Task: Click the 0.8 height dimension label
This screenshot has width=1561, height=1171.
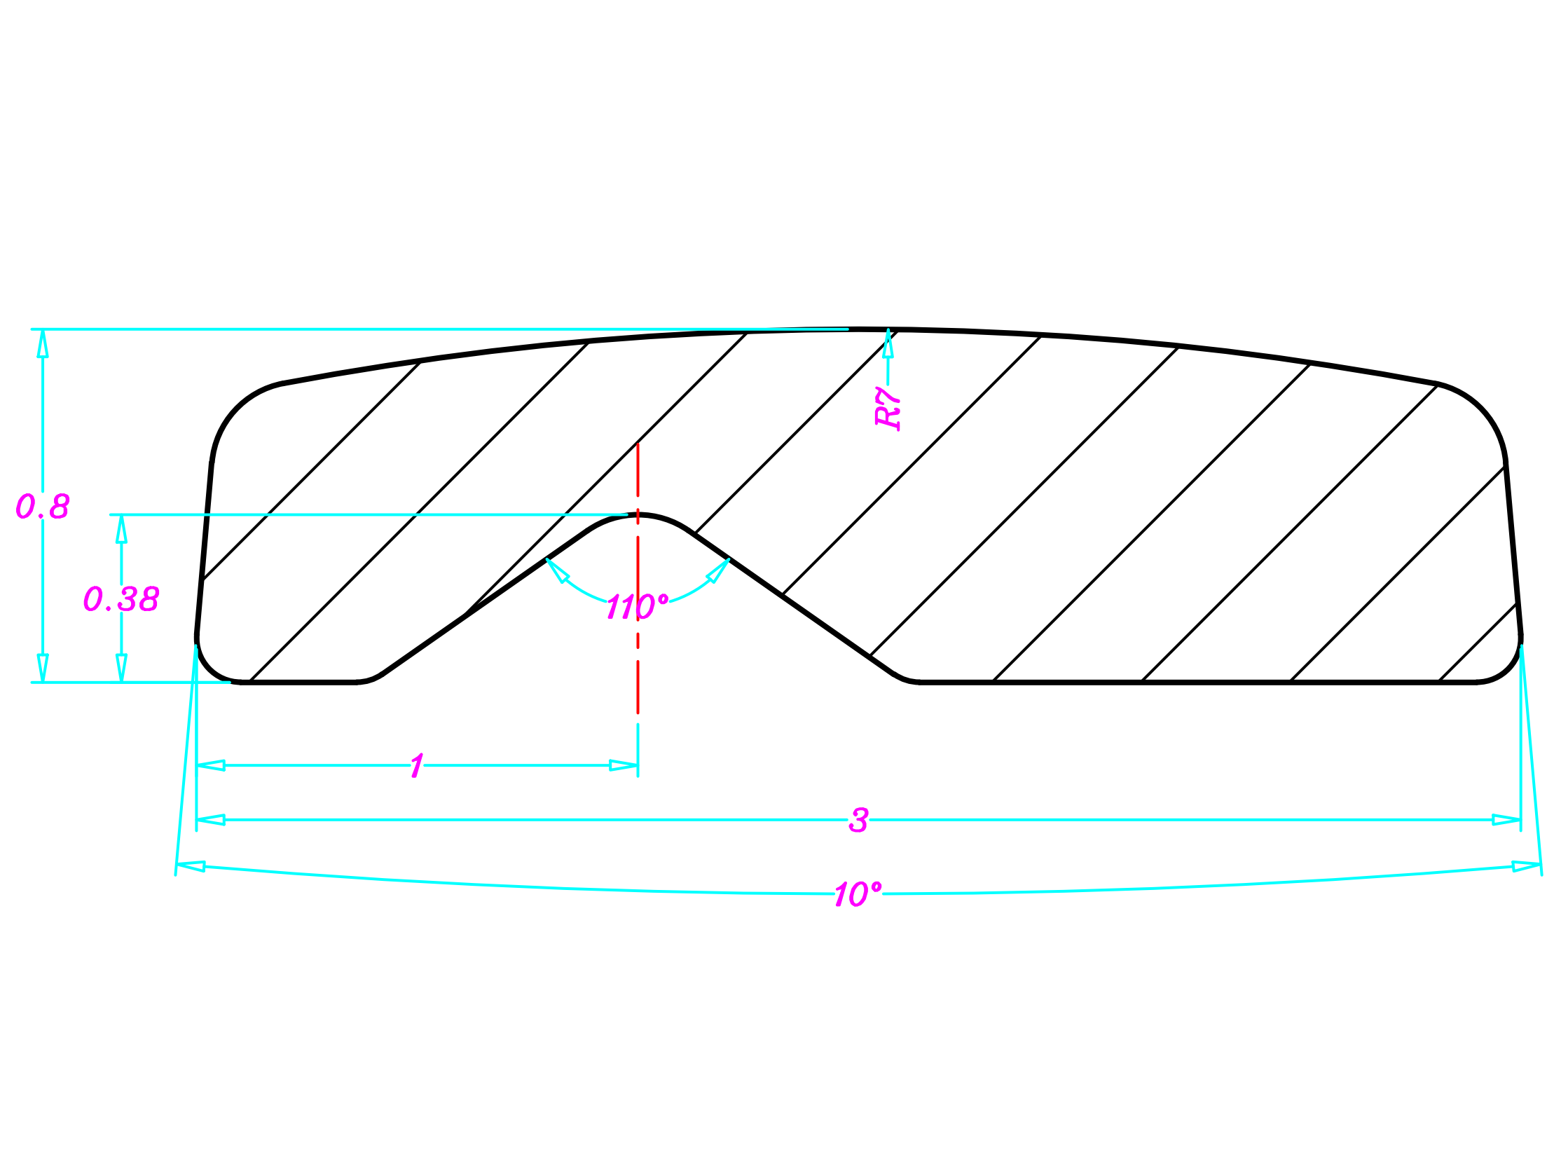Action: pos(42,506)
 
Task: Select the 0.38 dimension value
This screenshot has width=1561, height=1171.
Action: pos(121,599)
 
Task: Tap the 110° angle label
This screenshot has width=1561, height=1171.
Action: pos(638,607)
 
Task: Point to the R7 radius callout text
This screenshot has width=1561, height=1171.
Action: pos(888,408)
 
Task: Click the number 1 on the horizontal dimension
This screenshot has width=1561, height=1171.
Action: pos(417,766)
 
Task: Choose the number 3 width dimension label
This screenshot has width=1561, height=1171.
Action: pos(859,820)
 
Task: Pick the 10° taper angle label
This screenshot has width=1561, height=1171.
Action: pos(858,894)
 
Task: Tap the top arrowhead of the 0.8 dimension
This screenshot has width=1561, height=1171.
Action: pos(42,343)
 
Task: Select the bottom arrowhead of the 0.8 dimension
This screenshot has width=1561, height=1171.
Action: pos(42,669)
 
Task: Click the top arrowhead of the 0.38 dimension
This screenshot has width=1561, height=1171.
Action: pos(121,528)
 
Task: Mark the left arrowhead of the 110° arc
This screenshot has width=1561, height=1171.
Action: pos(557,570)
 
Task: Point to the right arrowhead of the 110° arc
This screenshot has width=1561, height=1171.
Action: pos(718,570)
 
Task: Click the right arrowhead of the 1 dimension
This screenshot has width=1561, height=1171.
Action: pos(624,766)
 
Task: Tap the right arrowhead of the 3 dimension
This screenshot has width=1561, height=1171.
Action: pos(1506,820)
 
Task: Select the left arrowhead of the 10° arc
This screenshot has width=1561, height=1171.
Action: pos(191,866)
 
